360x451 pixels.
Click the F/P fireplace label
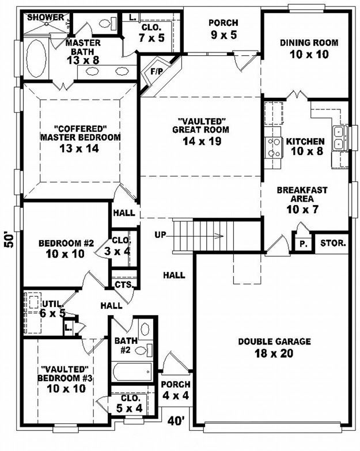(x=157, y=71)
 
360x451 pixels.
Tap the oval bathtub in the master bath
(x=36, y=58)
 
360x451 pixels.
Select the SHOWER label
(x=46, y=17)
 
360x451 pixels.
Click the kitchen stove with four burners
(x=273, y=147)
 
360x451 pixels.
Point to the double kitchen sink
(x=339, y=138)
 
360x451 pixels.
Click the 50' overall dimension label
(x=9, y=240)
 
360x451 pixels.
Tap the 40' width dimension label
(x=176, y=421)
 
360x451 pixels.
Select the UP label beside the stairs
(x=161, y=234)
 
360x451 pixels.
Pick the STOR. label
(x=333, y=243)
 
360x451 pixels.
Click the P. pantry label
(x=303, y=244)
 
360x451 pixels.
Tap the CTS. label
(x=124, y=285)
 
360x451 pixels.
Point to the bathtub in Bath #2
(x=132, y=372)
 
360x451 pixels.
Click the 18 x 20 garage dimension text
(x=274, y=353)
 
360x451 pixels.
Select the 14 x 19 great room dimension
(x=202, y=141)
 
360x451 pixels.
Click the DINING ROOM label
(x=309, y=43)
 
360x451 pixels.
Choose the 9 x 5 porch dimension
(x=223, y=35)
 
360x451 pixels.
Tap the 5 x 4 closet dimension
(x=130, y=408)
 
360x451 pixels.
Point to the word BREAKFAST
(x=302, y=190)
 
